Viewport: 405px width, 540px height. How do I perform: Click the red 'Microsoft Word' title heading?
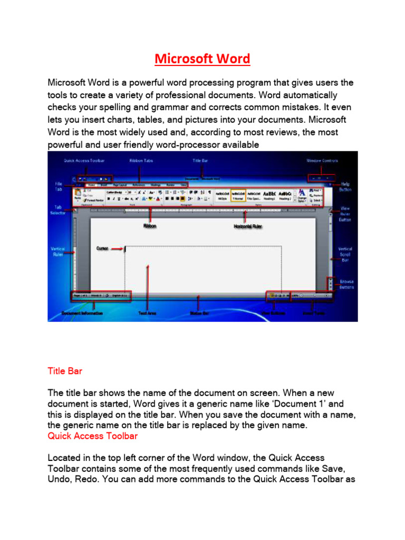(202, 59)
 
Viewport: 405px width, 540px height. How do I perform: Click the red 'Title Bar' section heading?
(65, 371)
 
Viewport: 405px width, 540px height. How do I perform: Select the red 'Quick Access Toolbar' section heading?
(92, 436)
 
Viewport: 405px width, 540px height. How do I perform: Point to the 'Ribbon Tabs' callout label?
(141, 160)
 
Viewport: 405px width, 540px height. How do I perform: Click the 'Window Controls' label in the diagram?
(322, 160)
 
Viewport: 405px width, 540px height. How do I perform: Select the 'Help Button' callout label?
(345, 186)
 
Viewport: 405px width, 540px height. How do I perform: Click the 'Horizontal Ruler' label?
(248, 226)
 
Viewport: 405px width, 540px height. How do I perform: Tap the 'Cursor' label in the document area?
(102, 247)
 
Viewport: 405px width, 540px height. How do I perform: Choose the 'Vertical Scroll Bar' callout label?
(345, 254)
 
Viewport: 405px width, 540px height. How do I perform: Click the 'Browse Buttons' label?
(346, 284)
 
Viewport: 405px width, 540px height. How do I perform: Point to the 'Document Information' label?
(82, 313)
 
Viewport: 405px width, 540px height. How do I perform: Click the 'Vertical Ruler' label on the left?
(57, 251)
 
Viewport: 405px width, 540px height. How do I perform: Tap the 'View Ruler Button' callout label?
(345, 214)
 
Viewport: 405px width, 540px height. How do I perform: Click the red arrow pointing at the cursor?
(118, 248)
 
